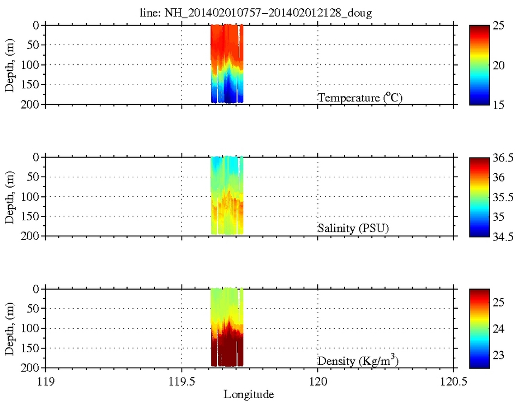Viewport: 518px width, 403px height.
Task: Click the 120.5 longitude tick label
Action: [453, 380]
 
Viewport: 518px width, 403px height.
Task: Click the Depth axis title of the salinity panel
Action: [10, 196]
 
